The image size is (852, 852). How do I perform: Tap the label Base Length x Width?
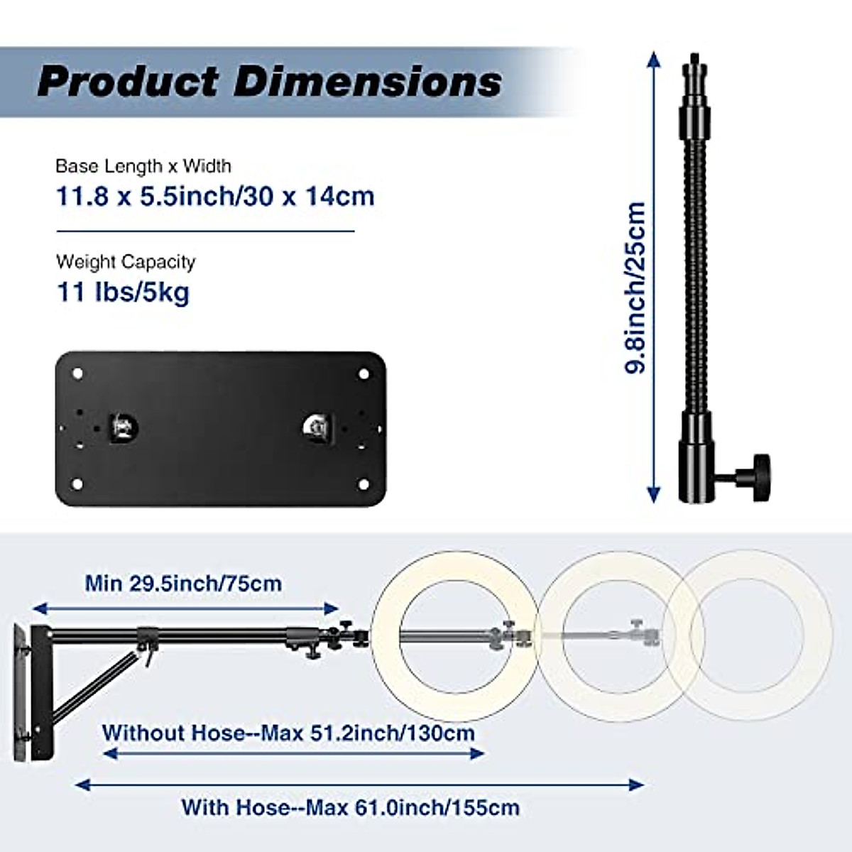tap(143, 166)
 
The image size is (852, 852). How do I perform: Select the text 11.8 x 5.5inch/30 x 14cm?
tap(215, 196)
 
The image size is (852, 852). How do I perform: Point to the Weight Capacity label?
tap(126, 262)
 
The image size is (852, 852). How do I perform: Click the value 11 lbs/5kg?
tap(123, 292)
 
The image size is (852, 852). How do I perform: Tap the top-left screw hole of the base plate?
tap(78, 373)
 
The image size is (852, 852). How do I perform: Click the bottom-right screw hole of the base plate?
tap(364, 484)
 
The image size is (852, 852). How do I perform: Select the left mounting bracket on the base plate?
tap(123, 427)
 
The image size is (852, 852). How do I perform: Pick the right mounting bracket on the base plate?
tap(315, 427)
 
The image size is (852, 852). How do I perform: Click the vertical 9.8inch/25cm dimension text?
tap(635, 288)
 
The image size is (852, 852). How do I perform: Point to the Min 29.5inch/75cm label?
tap(183, 584)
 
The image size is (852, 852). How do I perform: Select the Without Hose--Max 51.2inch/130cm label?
tap(288, 733)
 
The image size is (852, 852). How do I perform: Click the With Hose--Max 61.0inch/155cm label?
tap(350, 807)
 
